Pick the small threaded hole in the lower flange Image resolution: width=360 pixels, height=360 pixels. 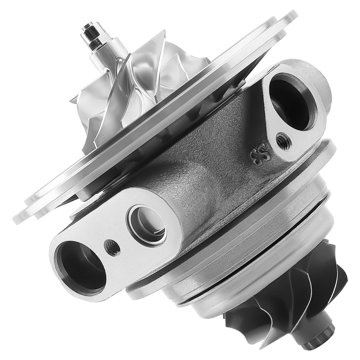pyautogui.click(x=112, y=247)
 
